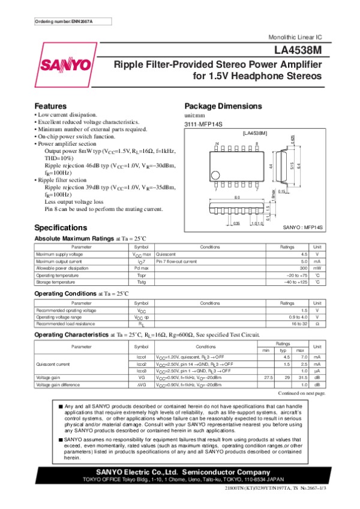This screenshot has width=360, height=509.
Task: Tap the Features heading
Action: [50, 106]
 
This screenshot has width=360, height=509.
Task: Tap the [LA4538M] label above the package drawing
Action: [254, 132]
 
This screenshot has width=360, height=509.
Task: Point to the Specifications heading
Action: [62, 228]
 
